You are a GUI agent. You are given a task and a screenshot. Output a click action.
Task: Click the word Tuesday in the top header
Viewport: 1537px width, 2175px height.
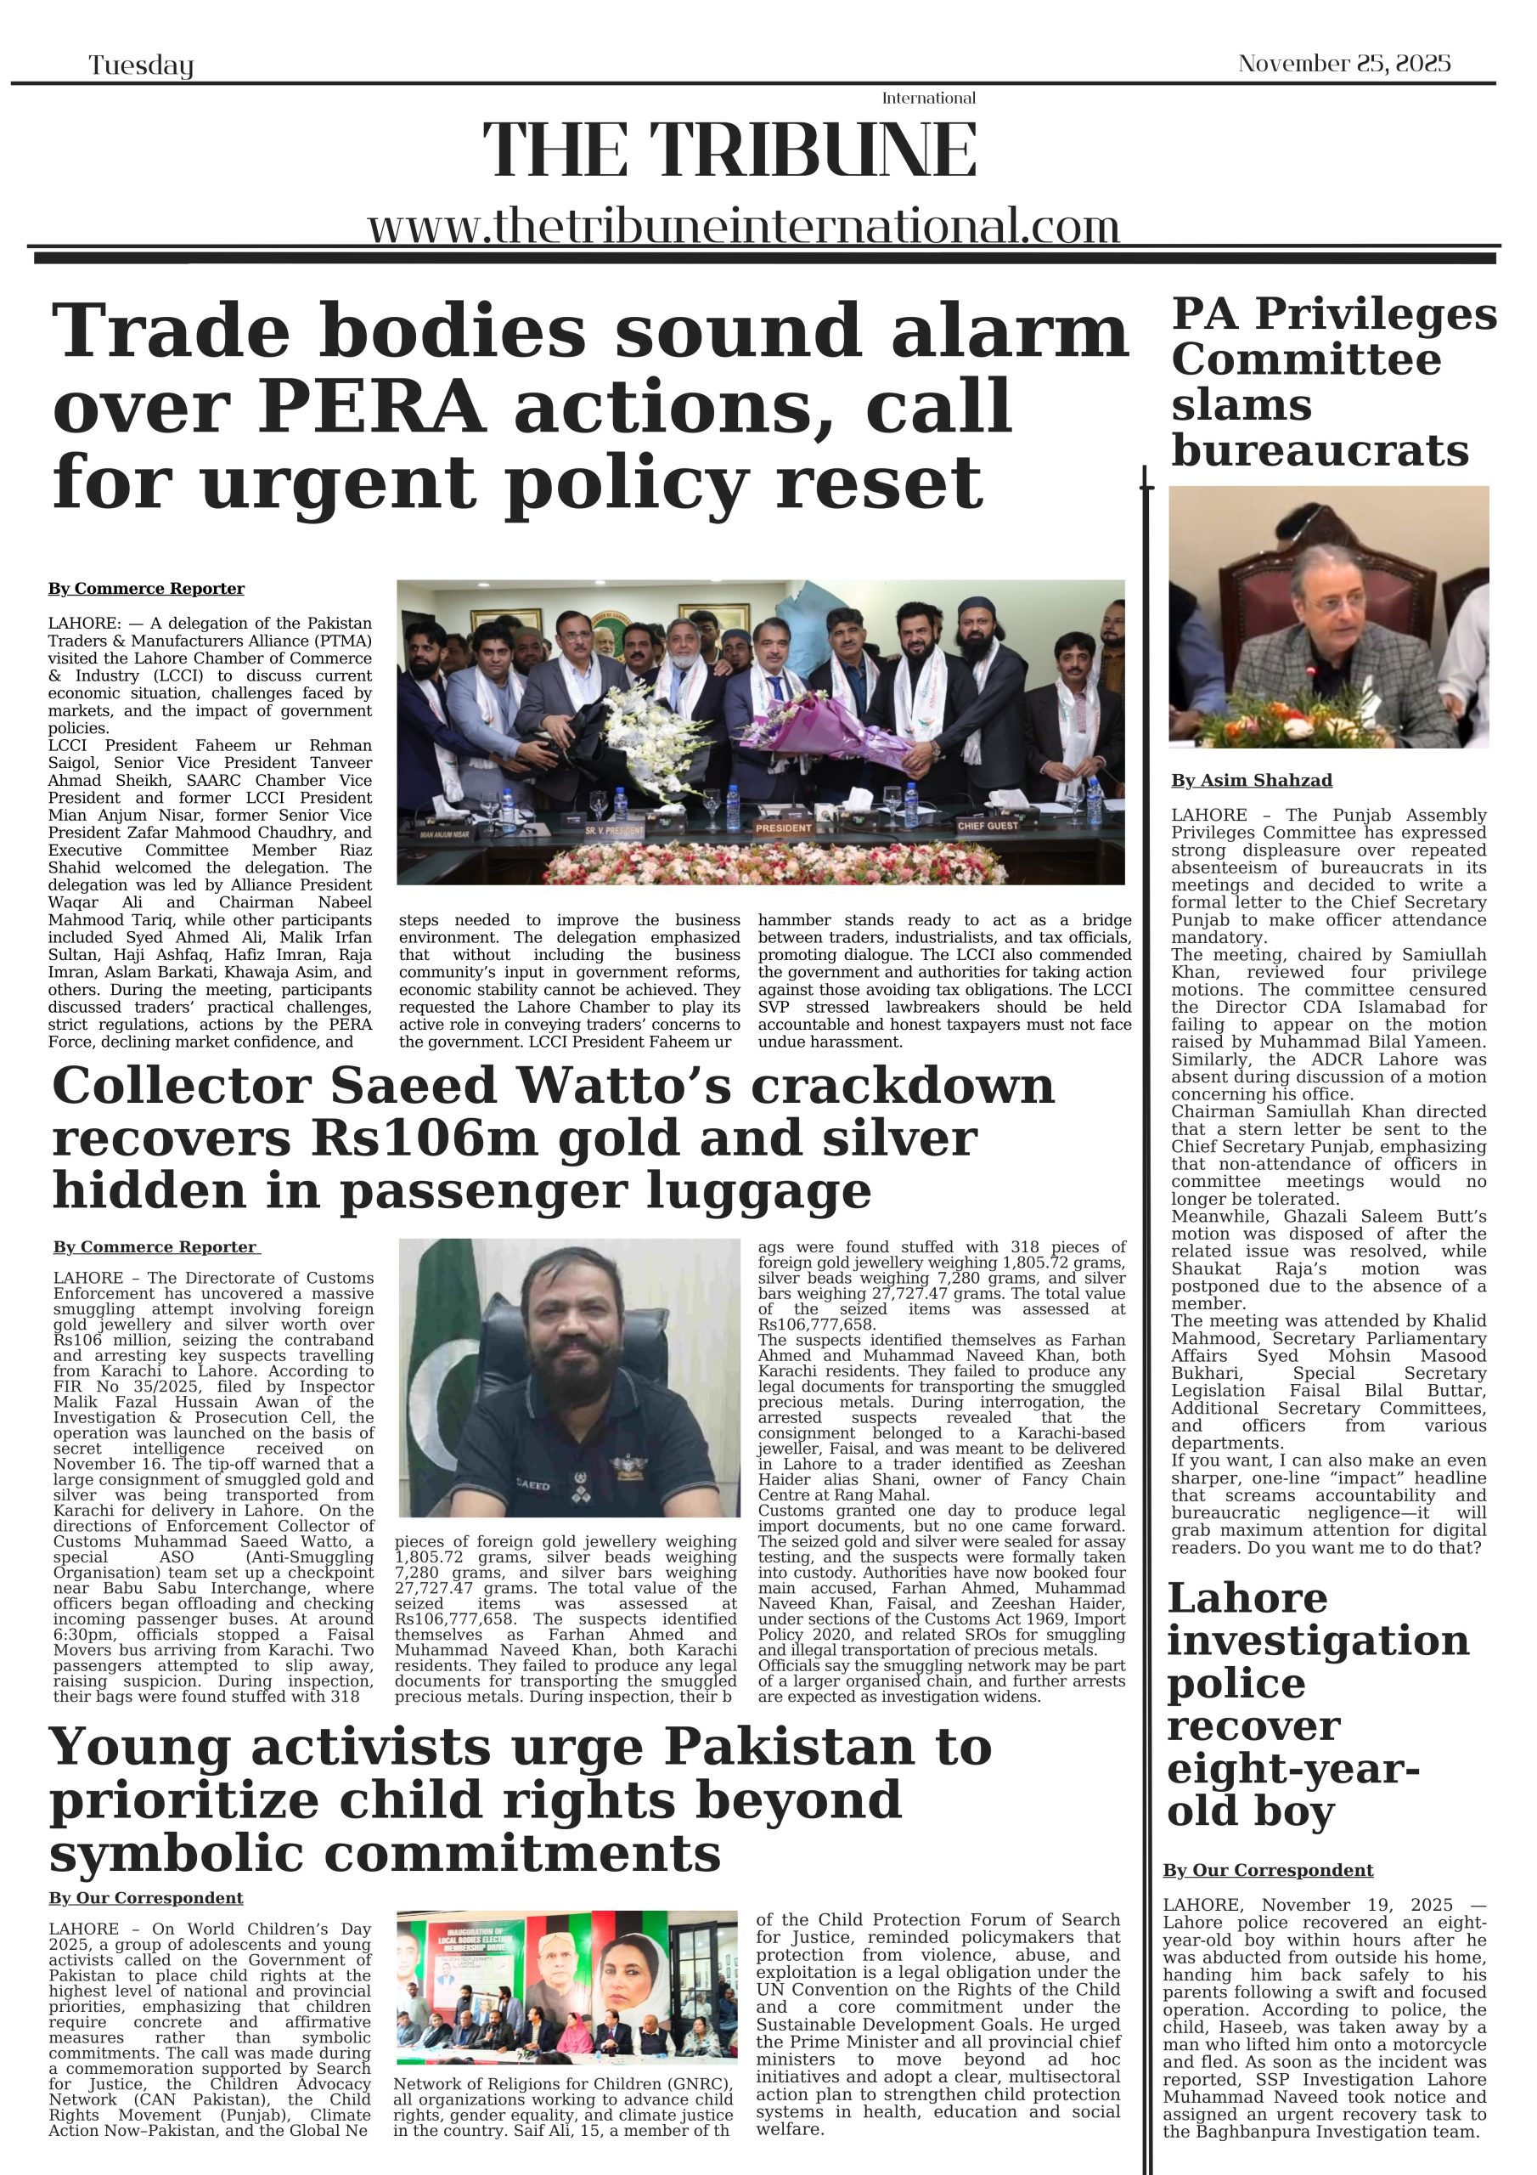[x=141, y=65]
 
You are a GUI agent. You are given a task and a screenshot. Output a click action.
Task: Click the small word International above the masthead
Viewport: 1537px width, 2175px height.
[x=928, y=99]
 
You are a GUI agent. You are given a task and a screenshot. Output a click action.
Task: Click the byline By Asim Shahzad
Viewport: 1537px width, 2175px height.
[x=1251, y=781]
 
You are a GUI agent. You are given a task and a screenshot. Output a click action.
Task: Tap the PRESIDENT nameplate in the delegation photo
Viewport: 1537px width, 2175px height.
[x=783, y=828]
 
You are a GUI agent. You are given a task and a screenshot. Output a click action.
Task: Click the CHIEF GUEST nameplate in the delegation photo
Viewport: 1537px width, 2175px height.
[x=988, y=826]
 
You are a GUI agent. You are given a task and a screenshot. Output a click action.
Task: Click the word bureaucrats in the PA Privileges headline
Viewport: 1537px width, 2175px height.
[x=1319, y=451]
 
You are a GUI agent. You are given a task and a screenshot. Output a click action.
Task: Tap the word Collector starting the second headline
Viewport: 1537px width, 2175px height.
[x=180, y=1087]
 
